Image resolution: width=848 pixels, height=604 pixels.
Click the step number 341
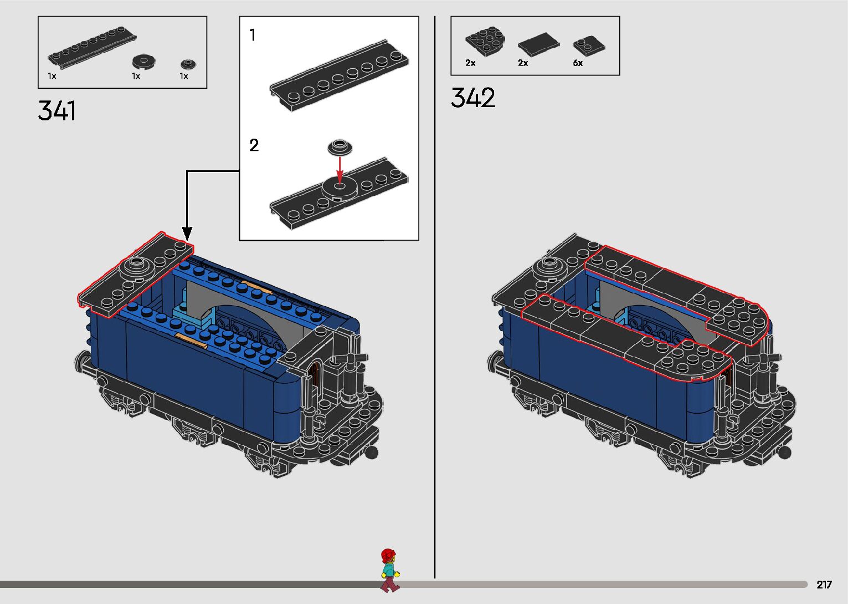(57, 111)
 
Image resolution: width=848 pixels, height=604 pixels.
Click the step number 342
(473, 98)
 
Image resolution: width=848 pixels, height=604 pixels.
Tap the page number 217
(824, 585)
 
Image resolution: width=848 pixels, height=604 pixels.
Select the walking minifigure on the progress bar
(389, 570)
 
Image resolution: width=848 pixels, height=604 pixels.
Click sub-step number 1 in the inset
(253, 35)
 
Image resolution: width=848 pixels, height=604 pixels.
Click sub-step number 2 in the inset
(254, 145)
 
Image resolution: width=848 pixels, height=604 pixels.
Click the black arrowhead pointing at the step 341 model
(187, 234)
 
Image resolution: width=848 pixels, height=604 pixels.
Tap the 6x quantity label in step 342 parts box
(578, 63)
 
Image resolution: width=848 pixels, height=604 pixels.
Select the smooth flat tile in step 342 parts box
(538, 44)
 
